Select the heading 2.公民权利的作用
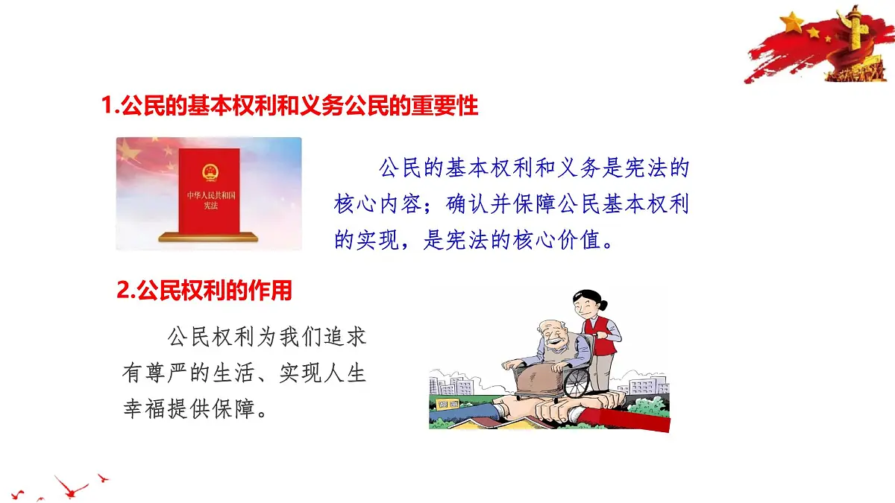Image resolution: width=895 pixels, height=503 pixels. pos(204,291)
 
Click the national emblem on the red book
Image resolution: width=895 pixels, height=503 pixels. pos(210,172)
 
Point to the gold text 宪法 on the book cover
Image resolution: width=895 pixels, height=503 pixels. pos(210,204)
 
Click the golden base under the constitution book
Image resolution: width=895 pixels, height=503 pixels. pos(208,238)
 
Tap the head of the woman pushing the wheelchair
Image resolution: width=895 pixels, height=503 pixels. pos(586,302)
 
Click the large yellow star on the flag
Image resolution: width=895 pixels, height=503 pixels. pos(791,23)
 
